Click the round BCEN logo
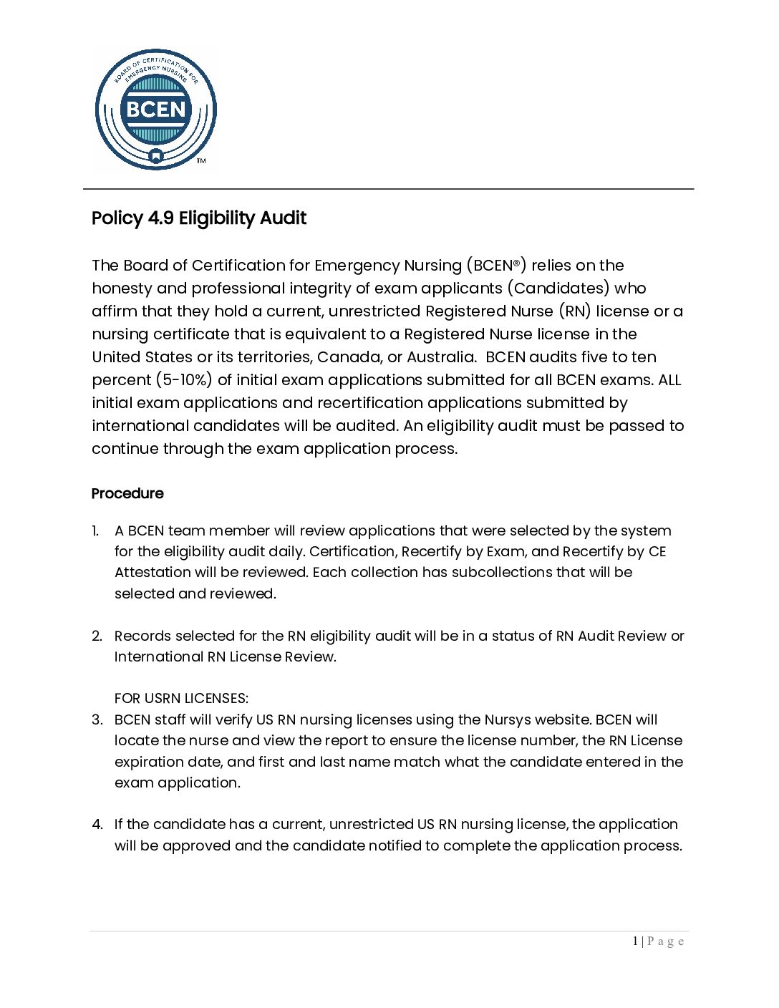155,110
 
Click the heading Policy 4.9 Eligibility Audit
199,218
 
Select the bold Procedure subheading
127,494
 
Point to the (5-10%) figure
184,380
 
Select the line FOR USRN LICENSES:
181,699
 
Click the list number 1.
95,531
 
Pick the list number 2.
97,636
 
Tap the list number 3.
97,720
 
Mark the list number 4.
97,825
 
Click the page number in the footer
635,941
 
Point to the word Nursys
509,720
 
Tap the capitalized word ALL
669,380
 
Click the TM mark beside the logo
201,161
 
